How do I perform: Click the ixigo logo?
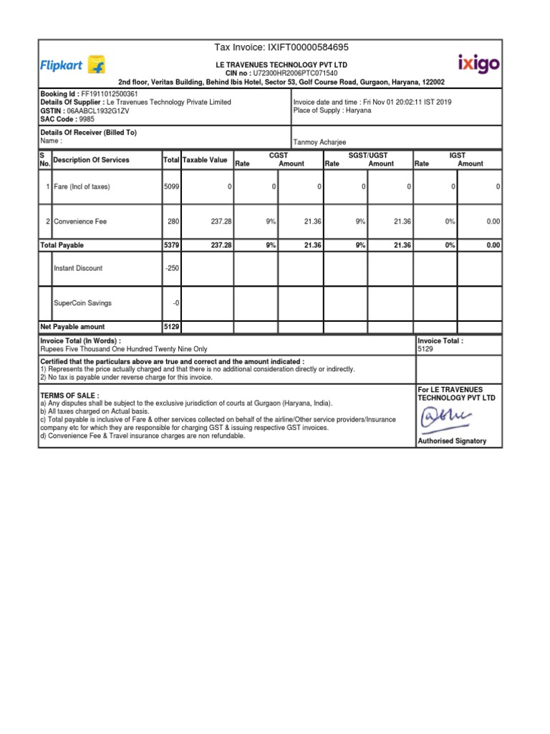[478, 64]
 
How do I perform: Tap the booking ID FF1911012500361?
[105, 94]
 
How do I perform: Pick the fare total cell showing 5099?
[171, 187]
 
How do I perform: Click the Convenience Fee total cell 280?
[173, 222]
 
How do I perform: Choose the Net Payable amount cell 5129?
[172, 327]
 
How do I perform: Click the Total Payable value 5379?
[172, 245]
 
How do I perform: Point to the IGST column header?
[457, 155]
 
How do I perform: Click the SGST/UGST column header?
[367, 155]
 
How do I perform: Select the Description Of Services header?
[91, 160]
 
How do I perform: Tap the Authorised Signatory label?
[452, 441]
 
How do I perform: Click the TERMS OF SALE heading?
[69, 396]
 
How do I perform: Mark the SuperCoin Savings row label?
[82, 303]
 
